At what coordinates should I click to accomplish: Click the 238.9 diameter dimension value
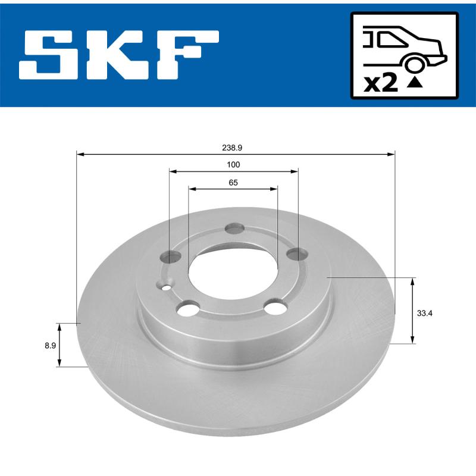(233, 145)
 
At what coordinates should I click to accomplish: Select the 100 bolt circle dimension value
(233, 164)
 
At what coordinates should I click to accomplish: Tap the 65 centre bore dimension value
(233, 183)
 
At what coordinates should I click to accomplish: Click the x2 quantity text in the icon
(380, 83)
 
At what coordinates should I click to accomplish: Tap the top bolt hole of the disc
(236, 229)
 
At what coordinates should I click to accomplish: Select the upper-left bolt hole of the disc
(171, 257)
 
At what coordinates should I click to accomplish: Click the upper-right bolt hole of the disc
(296, 255)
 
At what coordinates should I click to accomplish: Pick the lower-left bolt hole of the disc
(189, 309)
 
